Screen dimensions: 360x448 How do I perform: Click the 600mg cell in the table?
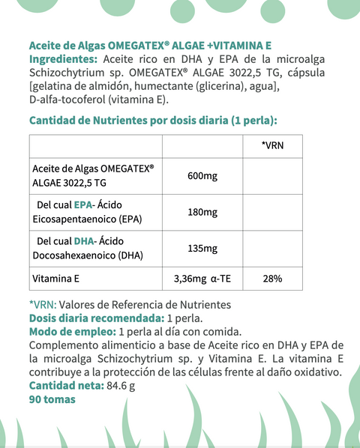coord(202,175)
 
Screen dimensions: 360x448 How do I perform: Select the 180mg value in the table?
coord(202,212)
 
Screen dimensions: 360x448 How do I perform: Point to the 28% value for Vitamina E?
coord(272,279)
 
